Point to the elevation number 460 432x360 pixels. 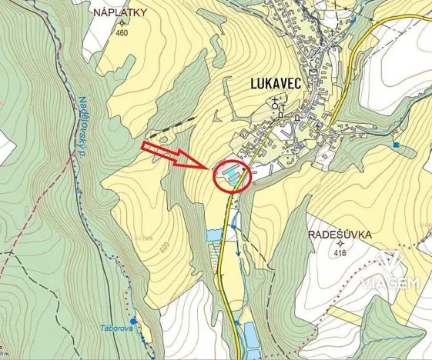tap(122, 33)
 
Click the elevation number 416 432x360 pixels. tap(340, 253)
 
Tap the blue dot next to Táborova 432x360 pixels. tap(133, 320)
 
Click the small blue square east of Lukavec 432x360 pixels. tap(396, 145)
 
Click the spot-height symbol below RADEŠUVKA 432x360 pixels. tap(340, 244)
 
